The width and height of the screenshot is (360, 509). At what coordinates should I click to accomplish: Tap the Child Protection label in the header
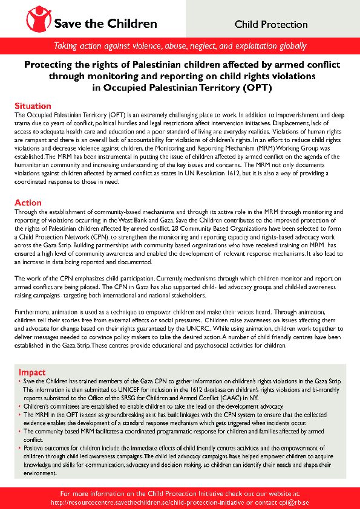(x=271, y=25)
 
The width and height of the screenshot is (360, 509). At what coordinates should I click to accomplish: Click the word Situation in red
(x=33, y=106)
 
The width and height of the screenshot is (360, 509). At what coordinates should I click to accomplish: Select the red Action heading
(x=28, y=203)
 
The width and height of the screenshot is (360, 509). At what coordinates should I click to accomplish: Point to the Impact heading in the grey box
(x=32, y=372)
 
